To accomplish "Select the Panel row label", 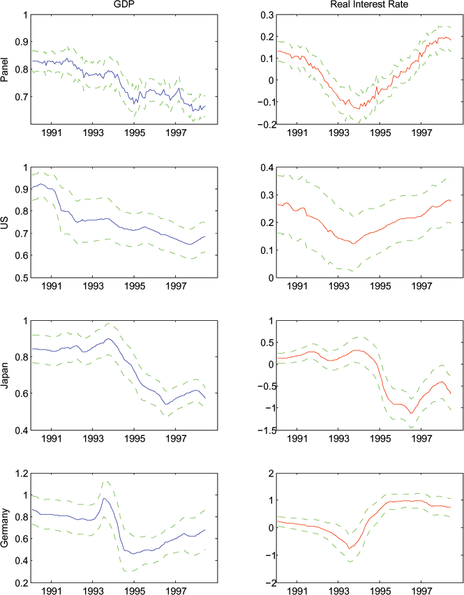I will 6,69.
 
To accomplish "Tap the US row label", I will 6,223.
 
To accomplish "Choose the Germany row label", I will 6,527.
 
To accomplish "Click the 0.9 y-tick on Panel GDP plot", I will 21,42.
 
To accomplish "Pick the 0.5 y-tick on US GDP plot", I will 21,278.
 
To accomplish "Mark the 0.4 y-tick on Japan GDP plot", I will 21,430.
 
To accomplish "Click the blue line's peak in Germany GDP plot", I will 103,498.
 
